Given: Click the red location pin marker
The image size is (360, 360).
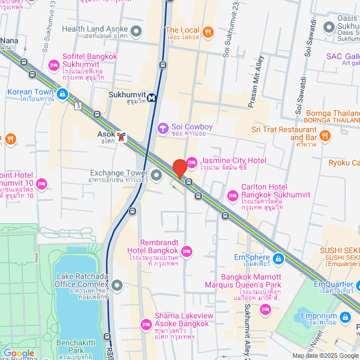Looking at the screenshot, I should click(179, 168).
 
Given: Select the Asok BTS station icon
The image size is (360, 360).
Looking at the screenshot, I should click(122, 137).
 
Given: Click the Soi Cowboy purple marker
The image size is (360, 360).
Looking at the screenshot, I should click(163, 128).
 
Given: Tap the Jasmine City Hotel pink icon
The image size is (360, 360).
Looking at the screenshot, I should click(191, 163).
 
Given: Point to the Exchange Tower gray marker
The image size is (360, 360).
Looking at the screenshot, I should click(156, 175).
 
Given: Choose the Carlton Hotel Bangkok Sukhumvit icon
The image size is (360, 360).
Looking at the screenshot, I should click(233, 196).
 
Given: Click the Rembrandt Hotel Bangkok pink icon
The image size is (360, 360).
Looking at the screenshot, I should click(187, 250).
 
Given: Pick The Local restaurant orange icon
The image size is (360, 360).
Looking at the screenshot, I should click(208, 31).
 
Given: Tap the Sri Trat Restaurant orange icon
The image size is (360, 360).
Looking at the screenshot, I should click(325, 135).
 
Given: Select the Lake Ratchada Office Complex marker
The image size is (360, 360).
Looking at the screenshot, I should click(117, 286).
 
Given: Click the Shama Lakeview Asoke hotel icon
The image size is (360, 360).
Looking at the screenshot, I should click(146, 325).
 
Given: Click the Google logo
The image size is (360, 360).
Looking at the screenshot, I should click(19, 353).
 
